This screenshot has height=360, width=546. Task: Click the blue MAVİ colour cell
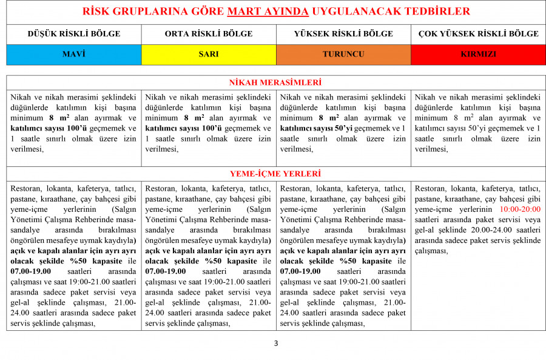pyautogui.click(x=74, y=54)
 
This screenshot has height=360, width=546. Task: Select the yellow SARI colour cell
pyautogui.click(x=209, y=54)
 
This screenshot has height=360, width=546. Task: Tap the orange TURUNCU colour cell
pyautogui.click(x=343, y=54)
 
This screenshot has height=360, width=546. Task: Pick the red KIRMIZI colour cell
pyautogui.click(x=478, y=54)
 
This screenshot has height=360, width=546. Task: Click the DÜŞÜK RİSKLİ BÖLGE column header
pyautogui.click(x=74, y=34)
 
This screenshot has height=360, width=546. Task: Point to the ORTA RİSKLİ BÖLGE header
pyautogui.click(x=209, y=34)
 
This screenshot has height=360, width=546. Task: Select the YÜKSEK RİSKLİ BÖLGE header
pyautogui.click(x=343, y=34)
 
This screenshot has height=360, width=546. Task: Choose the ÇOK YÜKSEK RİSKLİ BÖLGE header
pyautogui.click(x=478, y=34)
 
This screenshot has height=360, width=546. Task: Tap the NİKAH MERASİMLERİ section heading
pyautogui.click(x=275, y=83)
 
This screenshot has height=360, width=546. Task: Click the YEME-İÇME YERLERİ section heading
pyautogui.click(x=275, y=174)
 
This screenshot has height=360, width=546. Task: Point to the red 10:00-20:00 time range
pyautogui.click(x=520, y=209)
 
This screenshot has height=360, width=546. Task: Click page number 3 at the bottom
pyautogui.click(x=276, y=344)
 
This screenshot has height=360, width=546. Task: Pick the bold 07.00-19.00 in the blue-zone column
pyautogui.click(x=31, y=271)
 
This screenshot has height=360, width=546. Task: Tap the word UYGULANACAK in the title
pyautogui.click(x=354, y=12)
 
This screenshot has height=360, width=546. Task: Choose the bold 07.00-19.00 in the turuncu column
pyautogui.click(x=300, y=271)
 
